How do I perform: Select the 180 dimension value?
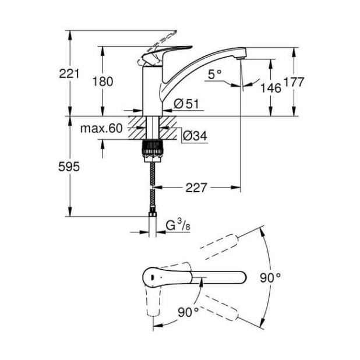104,81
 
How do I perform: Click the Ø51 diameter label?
186,104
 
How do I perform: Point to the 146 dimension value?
270,87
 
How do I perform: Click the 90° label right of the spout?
270,278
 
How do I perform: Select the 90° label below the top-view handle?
188,312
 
